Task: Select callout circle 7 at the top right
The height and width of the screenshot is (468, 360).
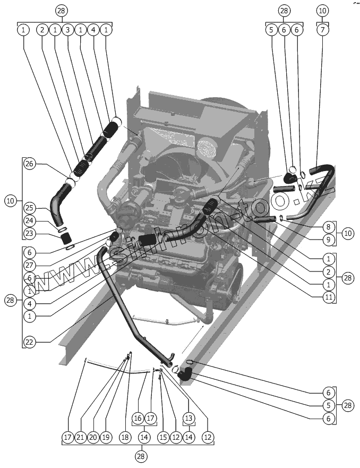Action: pos(323,30)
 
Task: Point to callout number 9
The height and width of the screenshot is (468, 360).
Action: pos(329,240)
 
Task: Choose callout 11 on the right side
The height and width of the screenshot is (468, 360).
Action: pos(329,297)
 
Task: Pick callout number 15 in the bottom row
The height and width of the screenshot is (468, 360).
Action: pos(162,437)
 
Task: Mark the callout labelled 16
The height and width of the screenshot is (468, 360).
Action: pos(138,419)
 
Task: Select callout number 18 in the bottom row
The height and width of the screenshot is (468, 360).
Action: pos(124,437)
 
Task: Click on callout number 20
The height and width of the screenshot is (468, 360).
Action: pos(92,437)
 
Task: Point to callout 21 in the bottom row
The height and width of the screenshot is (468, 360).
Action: pos(80,437)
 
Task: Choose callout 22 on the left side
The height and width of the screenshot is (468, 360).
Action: pos(30,342)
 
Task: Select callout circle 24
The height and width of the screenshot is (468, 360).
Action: pos(30,221)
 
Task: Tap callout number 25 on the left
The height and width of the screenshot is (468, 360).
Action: pos(30,208)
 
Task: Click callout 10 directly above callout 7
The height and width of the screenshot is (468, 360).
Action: pos(323,10)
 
